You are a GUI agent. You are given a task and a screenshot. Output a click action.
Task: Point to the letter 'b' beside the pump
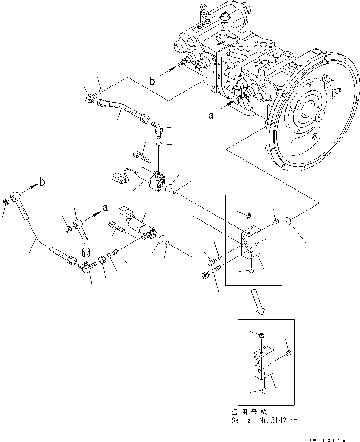(152, 81)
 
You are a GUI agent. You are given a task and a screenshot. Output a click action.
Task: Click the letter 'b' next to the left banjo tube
(42, 182)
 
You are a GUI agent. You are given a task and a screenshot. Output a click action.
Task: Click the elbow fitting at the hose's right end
(157, 126)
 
